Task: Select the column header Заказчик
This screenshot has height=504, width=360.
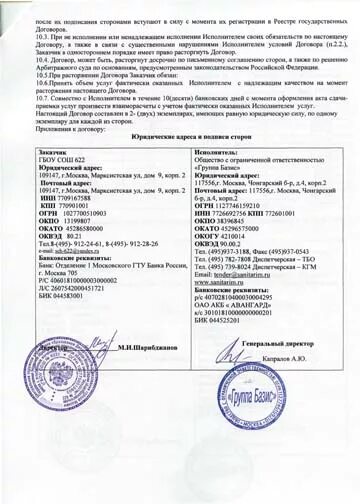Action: (41, 156)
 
